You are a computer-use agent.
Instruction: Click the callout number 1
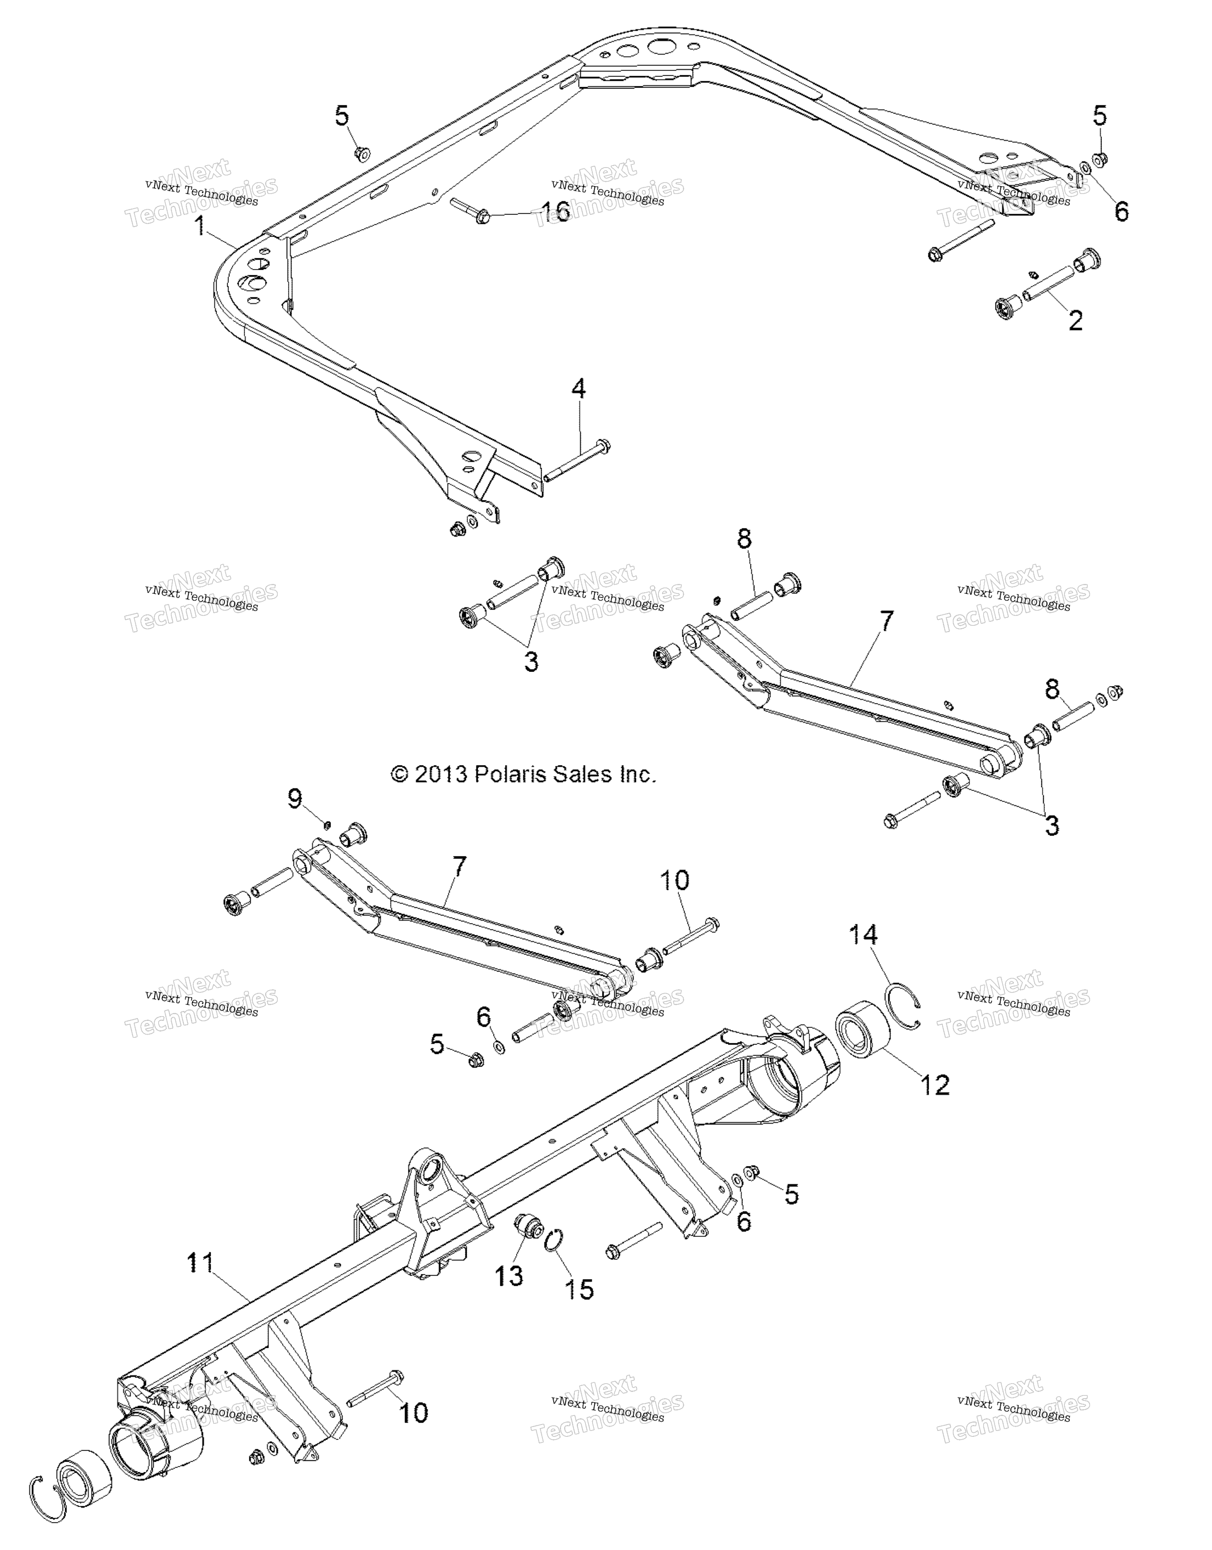click(x=201, y=227)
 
